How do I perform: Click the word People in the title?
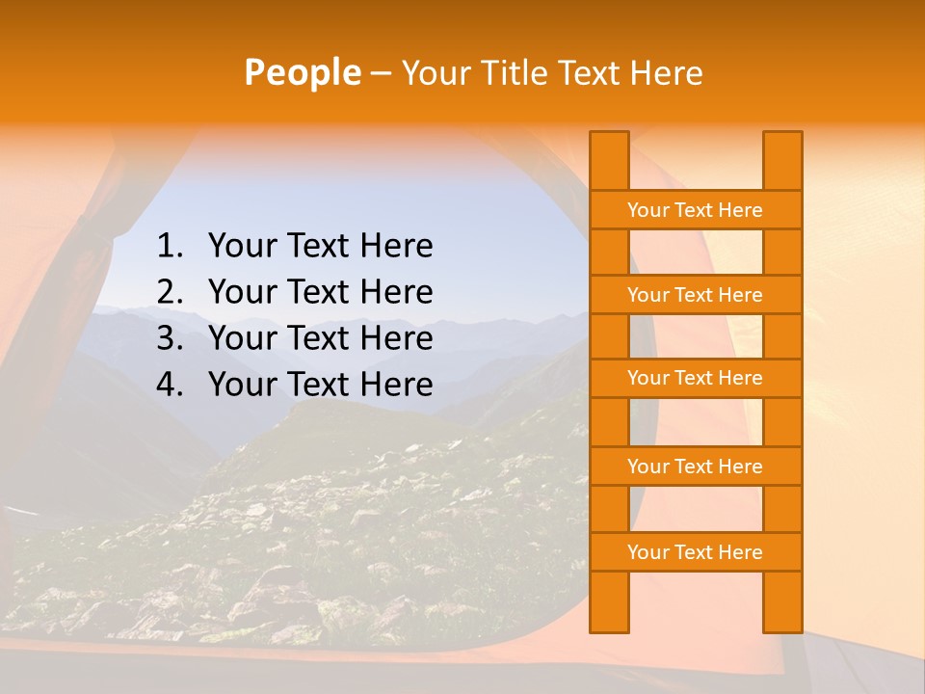click(302, 72)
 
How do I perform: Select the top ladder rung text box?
click(695, 210)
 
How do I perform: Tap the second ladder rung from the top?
click(695, 295)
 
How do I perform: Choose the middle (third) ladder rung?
click(695, 378)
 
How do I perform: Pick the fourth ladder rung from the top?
click(695, 467)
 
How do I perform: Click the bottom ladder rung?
click(695, 552)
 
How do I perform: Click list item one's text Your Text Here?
click(320, 247)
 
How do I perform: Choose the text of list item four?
click(320, 386)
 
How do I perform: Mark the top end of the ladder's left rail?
click(609, 140)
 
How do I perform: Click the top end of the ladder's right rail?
click(782, 140)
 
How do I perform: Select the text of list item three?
click(320, 339)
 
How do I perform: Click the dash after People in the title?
click(380, 73)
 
